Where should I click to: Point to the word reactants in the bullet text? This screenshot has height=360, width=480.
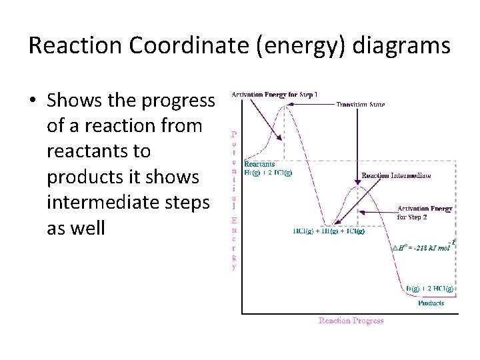pos(99,151)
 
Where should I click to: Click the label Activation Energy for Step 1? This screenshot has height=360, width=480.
pos(274,94)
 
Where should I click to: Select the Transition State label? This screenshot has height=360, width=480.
pos(360,104)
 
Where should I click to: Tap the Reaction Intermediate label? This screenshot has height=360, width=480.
pos(396,175)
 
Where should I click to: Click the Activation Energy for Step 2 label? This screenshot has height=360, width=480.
pos(425,213)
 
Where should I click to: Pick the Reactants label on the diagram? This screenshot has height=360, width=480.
pos(259,164)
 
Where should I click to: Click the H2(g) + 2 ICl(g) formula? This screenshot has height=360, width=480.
pos(268,173)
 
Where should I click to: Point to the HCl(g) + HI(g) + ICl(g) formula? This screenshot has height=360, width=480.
pos(329,231)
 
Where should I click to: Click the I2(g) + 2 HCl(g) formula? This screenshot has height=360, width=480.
pos(430,289)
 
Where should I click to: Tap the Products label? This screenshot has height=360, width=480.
pos(431,303)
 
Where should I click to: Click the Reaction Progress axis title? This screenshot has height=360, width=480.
pos(351,321)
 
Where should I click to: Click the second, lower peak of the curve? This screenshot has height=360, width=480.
pos(359,186)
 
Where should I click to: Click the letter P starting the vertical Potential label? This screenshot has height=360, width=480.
pos(233,133)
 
